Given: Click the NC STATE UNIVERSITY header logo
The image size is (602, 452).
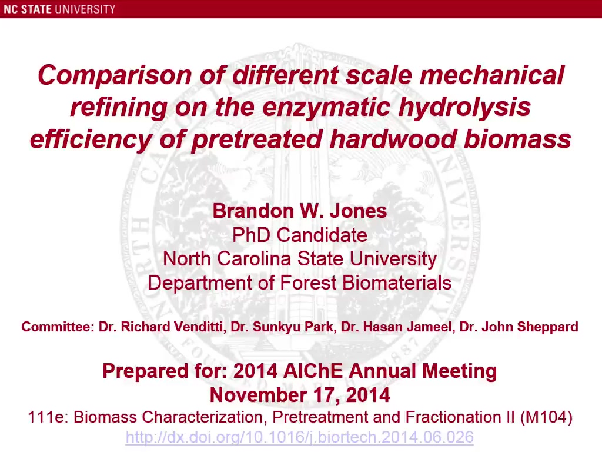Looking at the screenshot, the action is [x=59, y=9].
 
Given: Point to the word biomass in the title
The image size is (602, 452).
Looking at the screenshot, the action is [x=517, y=139].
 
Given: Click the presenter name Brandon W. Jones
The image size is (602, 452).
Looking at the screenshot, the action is [x=300, y=211].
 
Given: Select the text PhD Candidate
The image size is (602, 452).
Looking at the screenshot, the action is [x=300, y=235].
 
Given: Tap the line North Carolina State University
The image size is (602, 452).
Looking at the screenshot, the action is [x=300, y=259].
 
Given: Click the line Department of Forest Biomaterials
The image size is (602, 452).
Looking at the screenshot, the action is [x=300, y=283].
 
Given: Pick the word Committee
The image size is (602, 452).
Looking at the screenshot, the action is [x=58, y=327].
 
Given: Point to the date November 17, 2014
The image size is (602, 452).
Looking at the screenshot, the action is [x=300, y=395].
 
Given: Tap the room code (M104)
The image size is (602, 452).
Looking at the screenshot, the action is [x=546, y=417].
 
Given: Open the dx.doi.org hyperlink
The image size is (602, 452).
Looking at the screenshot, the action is [x=300, y=437].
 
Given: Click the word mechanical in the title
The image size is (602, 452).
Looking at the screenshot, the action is [x=492, y=75].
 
